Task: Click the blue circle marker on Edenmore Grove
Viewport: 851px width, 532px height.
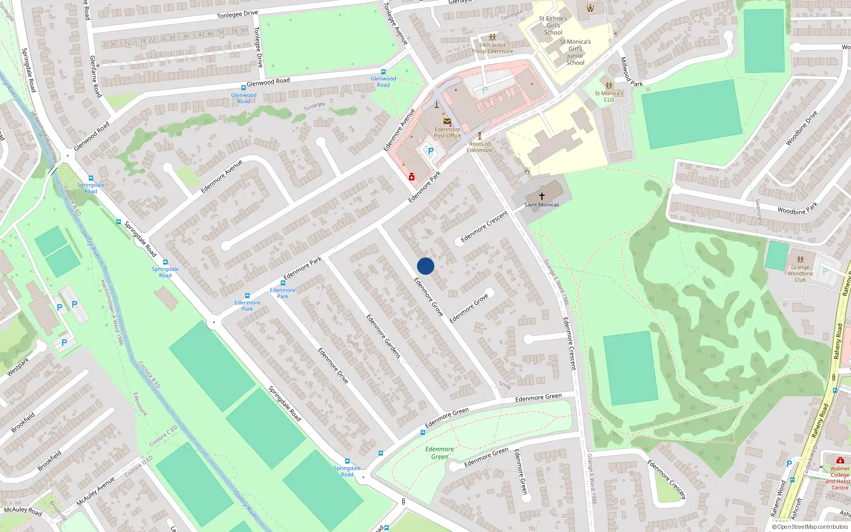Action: (x=425, y=266)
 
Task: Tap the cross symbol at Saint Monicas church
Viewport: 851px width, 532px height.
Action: (x=542, y=196)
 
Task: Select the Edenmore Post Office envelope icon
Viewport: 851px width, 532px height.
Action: (x=447, y=121)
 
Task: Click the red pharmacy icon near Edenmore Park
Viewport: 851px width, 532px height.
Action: (x=411, y=177)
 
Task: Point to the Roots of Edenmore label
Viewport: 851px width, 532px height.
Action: (x=479, y=147)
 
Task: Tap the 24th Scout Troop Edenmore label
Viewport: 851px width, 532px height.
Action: (x=493, y=48)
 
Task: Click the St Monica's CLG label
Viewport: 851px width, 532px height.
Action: (x=609, y=96)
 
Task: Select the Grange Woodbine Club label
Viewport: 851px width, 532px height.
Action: (x=800, y=273)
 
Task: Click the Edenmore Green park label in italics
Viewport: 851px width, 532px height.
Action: (x=439, y=453)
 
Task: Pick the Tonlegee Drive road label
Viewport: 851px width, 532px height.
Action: (x=237, y=14)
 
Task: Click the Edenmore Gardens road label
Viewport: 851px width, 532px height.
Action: (x=383, y=336)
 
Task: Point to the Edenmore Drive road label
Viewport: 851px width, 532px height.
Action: (x=333, y=365)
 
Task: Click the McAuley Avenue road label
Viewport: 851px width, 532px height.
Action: (x=96, y=491)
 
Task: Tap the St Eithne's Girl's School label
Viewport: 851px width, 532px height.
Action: (x=553, y=25)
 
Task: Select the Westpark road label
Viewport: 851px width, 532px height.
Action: (x=18, y=367)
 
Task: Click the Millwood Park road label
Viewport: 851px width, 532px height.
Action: (x=631, y=72)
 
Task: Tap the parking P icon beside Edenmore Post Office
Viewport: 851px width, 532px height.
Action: (x=430, y=151)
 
